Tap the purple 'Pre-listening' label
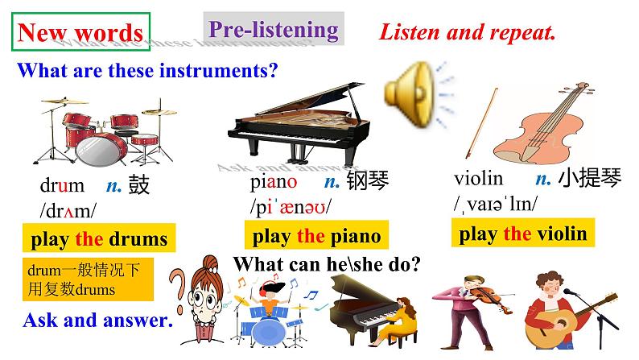(x=273, y=30)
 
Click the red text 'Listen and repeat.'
(x=468, y=33)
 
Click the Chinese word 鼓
(x=138, y=186)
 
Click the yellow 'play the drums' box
(x=99, y=239)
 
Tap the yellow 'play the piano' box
(x=311, y=236)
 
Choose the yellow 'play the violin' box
(x=522, y=234)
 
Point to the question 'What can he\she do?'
(x=328, y=264)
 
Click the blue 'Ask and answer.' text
(x=98, y=320)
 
